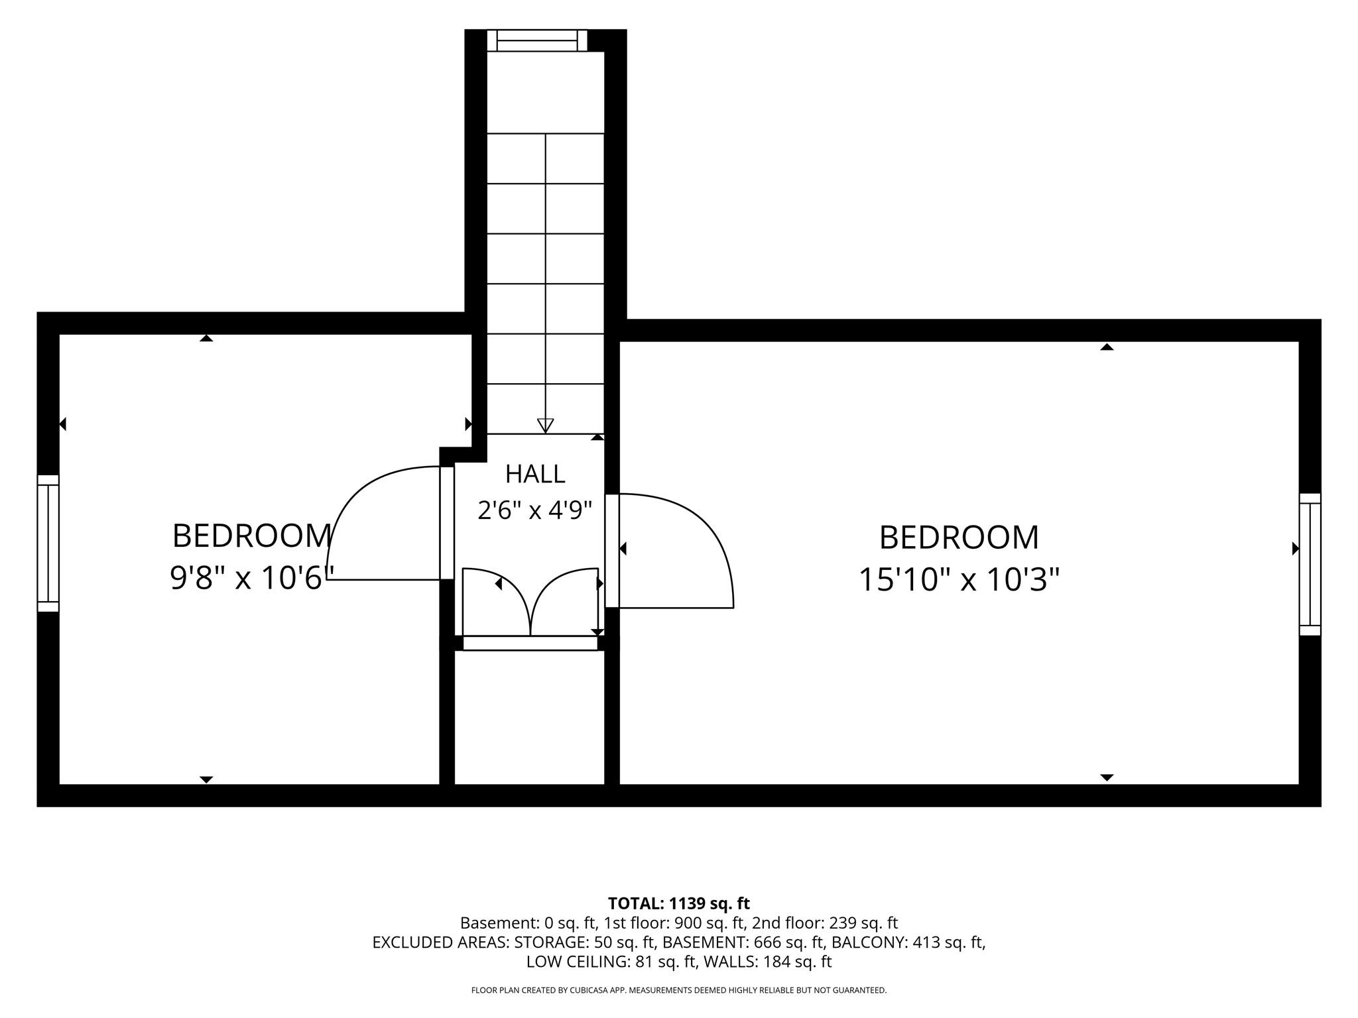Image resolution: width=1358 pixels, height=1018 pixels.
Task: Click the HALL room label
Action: (x=535, y=474)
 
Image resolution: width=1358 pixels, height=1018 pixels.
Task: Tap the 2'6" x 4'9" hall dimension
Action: (x=534, y=510)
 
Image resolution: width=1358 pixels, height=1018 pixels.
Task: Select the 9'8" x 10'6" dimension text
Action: (x=251, y=577)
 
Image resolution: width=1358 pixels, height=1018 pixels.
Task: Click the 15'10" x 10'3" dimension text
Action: (x=959, y=579)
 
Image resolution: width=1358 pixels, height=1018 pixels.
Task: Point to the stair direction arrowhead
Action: (x=545, y=425)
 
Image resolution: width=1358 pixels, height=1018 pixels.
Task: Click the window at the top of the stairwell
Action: (x=537, y=40)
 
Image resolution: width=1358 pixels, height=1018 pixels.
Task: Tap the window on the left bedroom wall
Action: (x=48, y=543)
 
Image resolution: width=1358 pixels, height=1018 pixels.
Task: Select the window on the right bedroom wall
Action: (x=1310, y=564)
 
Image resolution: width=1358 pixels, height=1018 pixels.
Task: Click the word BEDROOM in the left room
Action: (x=252, y=536)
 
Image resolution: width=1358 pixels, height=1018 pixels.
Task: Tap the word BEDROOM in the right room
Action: (x=959, y=537)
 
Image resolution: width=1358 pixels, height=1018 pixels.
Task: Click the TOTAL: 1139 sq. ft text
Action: (x=679, y=903)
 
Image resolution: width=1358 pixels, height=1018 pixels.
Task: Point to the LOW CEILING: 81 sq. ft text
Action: (x=611, y=962)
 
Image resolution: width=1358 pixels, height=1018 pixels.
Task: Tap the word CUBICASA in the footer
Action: (x=604, y=990)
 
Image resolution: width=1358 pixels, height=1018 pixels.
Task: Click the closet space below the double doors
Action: (x=530, y=717)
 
